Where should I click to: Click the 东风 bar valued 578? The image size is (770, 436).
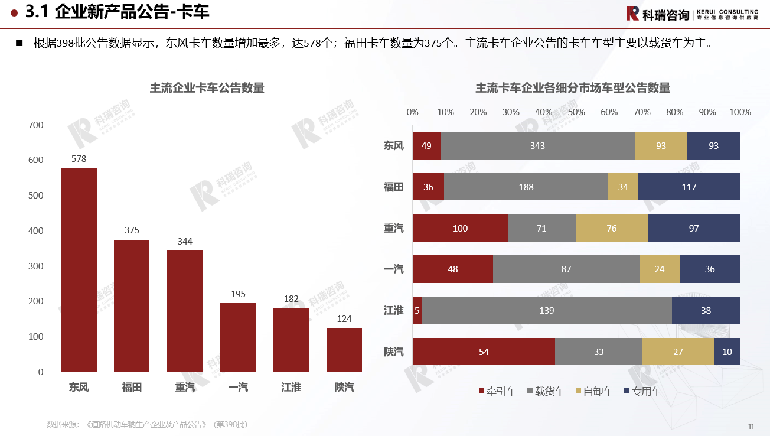(79, 269)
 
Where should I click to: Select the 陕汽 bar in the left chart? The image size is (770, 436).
(344, 350)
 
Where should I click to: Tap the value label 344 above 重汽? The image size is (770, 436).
(185, 242)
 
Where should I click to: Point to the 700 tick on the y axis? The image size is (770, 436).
(36, 125)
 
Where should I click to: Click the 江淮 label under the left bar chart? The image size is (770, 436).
(291, 388)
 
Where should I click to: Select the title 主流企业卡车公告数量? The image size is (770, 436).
(207, 89)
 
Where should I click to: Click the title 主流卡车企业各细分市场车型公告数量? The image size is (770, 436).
(573, 89)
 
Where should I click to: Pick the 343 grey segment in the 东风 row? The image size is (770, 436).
(537, 145)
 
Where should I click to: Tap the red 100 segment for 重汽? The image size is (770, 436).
(460, 228)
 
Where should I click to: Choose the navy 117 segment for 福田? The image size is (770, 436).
(689, 187)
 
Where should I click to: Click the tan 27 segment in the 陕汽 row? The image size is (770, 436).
(678, 352)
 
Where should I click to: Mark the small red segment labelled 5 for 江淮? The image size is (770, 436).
(417, 310)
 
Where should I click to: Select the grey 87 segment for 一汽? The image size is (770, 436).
(566, 269)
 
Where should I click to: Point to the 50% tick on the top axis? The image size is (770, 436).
(576, 112)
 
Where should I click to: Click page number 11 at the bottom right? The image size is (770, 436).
(751, 426)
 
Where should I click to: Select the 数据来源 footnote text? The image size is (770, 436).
(147, 424)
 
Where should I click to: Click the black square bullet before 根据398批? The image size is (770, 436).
(19, 43)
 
